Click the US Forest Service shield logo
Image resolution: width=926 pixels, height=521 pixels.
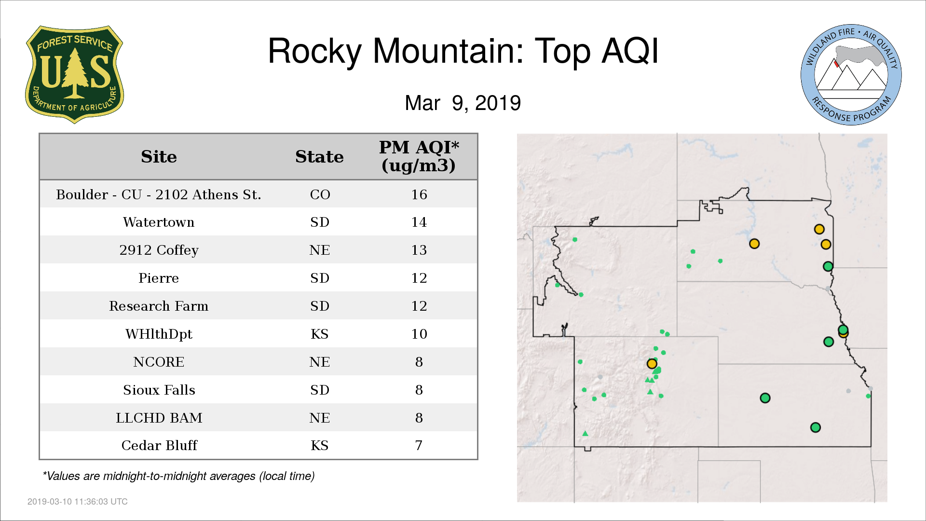(x=74, y=75)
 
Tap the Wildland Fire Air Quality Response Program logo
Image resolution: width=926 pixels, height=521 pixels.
(x=851, y=75)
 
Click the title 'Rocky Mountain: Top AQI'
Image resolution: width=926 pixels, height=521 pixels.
(x=463, y=51)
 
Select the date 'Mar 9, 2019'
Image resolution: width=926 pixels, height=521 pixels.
(x=463, y=103)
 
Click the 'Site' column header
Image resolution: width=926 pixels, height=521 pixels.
(x=159, y=157)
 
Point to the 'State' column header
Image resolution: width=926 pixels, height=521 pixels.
(x=319, y=157)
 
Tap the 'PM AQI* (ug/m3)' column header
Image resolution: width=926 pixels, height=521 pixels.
(x=419, y=156)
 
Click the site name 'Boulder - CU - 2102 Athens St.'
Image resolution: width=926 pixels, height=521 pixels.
(x=159, y=194)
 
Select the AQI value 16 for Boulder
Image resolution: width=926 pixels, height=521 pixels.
(x=419, y=194)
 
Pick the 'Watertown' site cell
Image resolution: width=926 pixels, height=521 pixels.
(x=159, y=222)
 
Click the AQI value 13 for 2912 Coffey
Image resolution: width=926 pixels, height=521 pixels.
(x=419, y=250)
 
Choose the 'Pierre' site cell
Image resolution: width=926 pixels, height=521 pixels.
(x=159, y=278)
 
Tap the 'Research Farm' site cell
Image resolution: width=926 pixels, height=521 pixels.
(x=159, y=306)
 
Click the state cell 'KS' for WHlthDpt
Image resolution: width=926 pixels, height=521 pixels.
(x=320, y=334)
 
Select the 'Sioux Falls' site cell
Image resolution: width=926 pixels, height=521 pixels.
(x=159, y=390)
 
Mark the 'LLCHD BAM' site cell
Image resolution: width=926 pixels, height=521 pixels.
(x=159, y=418)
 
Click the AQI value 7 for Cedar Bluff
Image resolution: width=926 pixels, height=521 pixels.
(x=419, y=445)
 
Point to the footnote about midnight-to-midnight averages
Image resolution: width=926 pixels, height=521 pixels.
(x=178, y=476)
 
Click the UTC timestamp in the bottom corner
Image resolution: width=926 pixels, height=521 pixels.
(x=78, y=502)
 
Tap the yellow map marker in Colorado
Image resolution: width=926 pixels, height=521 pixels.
(x=652, y=364)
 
